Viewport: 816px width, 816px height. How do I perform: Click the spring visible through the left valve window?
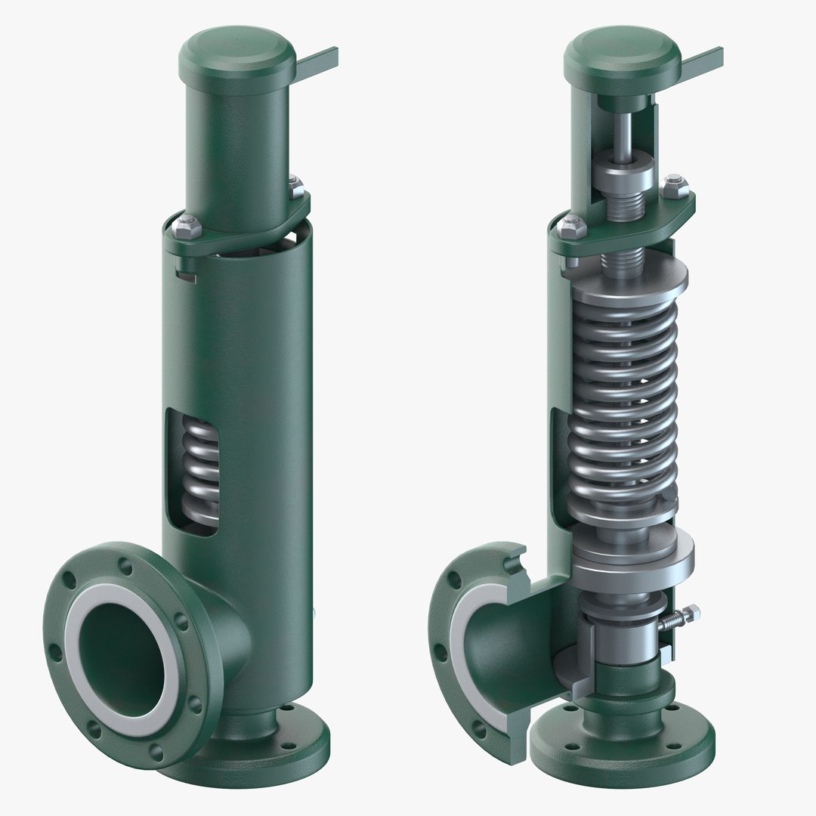201,471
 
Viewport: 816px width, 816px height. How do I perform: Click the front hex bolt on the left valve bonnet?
187,225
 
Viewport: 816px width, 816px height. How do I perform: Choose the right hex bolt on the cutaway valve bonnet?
675,184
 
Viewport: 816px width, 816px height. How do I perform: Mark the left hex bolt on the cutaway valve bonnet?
573,224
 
